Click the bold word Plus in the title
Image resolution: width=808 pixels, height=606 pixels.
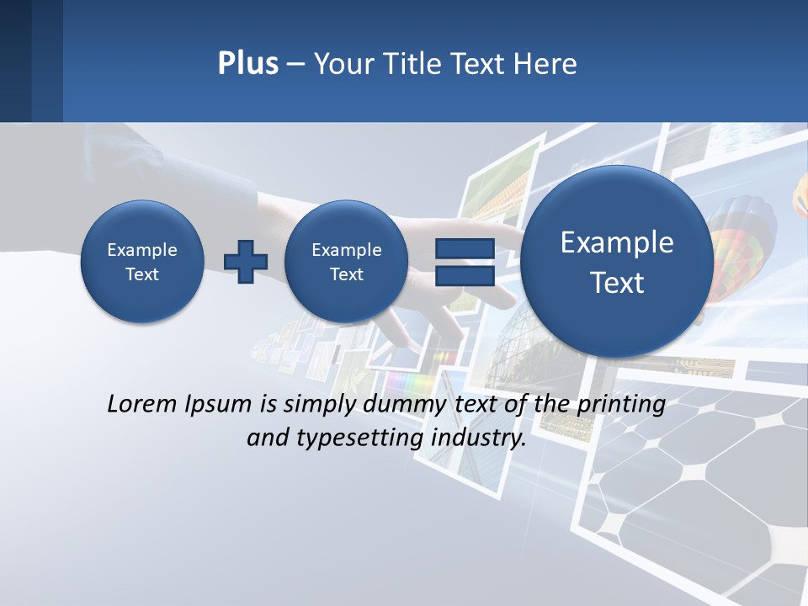247,64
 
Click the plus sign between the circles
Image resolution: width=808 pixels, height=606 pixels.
245,261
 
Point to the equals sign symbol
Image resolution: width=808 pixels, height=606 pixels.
465,261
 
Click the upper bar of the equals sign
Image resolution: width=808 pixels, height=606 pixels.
465,248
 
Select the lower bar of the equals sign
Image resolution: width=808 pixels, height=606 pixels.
465,274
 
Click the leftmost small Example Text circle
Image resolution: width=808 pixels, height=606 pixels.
141,261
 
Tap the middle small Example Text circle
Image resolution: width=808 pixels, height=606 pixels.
346,261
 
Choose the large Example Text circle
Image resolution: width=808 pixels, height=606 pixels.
617,261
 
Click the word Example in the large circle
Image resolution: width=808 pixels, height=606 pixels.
617,242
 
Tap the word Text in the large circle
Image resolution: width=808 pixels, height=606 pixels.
617,283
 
